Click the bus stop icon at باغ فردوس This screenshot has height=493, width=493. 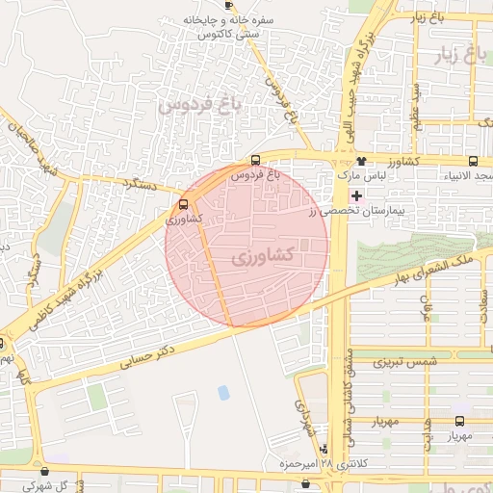click(x=255, y=161)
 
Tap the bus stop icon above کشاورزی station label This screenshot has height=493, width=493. click(x=183, y=204)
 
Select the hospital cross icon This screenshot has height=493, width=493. click(x=356, y=195)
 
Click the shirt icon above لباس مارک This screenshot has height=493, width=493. click(x=361, y=162)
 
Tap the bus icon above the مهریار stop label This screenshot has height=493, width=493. click(x=458, y=421)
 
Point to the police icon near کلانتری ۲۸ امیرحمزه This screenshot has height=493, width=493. click(x=324, y=450)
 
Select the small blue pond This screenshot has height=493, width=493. click(x=224, y=392)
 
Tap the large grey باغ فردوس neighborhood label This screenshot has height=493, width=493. click(x=204, y=104)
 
